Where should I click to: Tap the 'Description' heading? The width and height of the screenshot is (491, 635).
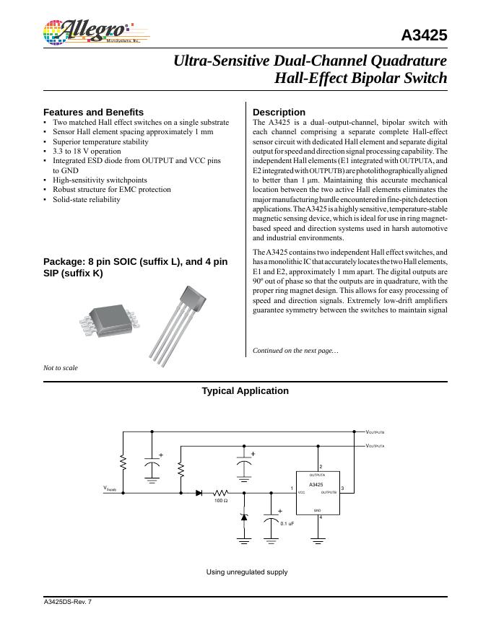[279, 113]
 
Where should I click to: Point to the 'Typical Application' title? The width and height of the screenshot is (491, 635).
[245, 391]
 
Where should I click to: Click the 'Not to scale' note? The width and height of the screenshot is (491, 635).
[61, 368]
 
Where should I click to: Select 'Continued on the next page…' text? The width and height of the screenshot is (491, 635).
[294, 351]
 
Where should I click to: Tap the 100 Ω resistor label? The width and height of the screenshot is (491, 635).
[221, 500]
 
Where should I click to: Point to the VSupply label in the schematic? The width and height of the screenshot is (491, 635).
[115, 491]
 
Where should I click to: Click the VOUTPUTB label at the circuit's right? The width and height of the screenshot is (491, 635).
[375, 432]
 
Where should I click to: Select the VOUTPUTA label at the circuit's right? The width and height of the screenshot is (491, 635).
[375, 446]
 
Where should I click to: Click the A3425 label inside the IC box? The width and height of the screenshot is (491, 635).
[316, 485]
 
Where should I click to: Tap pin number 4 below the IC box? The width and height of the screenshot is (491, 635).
[321, 517]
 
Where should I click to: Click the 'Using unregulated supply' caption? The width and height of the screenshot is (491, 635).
[246, 572]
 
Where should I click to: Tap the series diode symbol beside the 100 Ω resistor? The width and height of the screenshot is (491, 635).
[199, 493]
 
